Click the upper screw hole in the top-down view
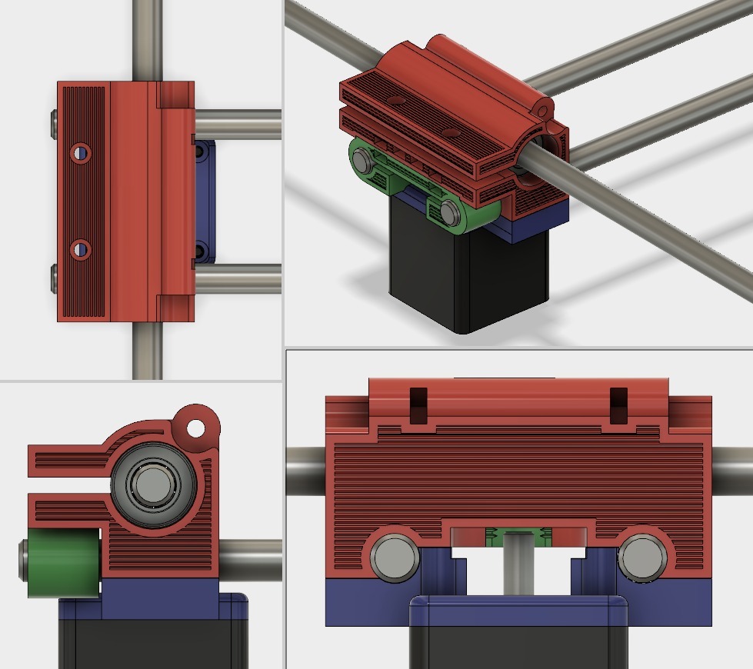pos(80,153)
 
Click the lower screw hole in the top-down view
pos(80,250)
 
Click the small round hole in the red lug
pos(196,425)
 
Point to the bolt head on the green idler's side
pos(23,563)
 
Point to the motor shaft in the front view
pos(519,569)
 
